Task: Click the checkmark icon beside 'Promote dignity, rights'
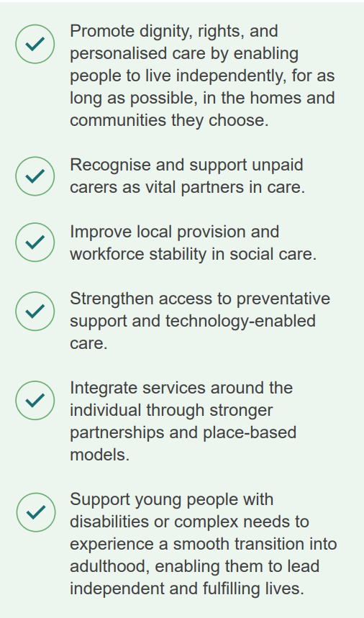pos(35,44)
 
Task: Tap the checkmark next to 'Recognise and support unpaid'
pos(35,176)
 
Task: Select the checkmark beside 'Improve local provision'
pos(35,242)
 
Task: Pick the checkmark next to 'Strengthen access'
pos(35,312)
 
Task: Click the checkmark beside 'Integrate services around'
pos(35,401)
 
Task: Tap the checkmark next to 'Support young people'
pos(36,512)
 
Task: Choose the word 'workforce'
pos(106,254)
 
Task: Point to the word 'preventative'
pos(283,299)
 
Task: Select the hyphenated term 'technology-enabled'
pos(240,322)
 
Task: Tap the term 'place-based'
pos(250,433)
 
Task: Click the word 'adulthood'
pos(110,567)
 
